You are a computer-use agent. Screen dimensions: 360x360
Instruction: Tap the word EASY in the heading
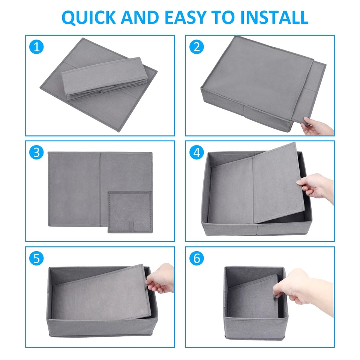(x=186, y=18)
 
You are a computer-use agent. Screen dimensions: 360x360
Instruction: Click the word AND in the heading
(x=140, y=18)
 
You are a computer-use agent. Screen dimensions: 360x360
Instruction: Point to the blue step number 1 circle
(x=36, y=47)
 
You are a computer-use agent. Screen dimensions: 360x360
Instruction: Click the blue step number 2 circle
(x=196, y=47)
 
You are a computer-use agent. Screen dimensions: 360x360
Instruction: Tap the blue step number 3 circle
(x=36, y=153)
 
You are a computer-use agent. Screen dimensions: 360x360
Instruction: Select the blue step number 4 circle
(x=196, y=153)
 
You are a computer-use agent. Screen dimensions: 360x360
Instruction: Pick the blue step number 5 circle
(x=36, y=258)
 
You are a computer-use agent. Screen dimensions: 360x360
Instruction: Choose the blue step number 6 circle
(x=196, y=258)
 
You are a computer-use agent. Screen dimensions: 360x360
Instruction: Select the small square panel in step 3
(x=130, y=212)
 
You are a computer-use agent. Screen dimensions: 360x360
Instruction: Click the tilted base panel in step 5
(x=101, y=294)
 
